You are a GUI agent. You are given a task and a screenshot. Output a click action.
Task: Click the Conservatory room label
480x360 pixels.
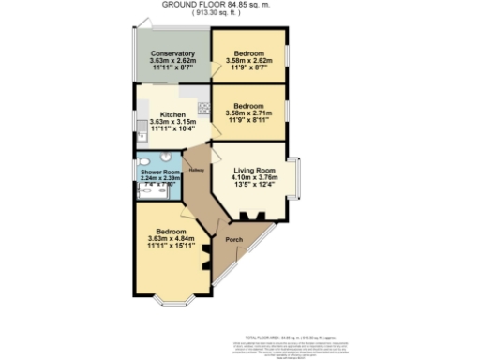[172, 54]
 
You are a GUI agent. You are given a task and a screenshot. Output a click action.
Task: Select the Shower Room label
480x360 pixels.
[158, 173]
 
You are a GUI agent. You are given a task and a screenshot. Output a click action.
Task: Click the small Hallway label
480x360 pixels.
[197, 170]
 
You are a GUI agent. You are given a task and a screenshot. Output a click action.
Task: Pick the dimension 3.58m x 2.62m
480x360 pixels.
[248, 62]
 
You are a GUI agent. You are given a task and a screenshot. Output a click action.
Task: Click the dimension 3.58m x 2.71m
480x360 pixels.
[248, 114]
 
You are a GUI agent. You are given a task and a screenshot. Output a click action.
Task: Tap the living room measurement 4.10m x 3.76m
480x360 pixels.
[250, 180]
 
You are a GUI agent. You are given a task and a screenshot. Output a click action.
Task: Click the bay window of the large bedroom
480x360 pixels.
[174, 302]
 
